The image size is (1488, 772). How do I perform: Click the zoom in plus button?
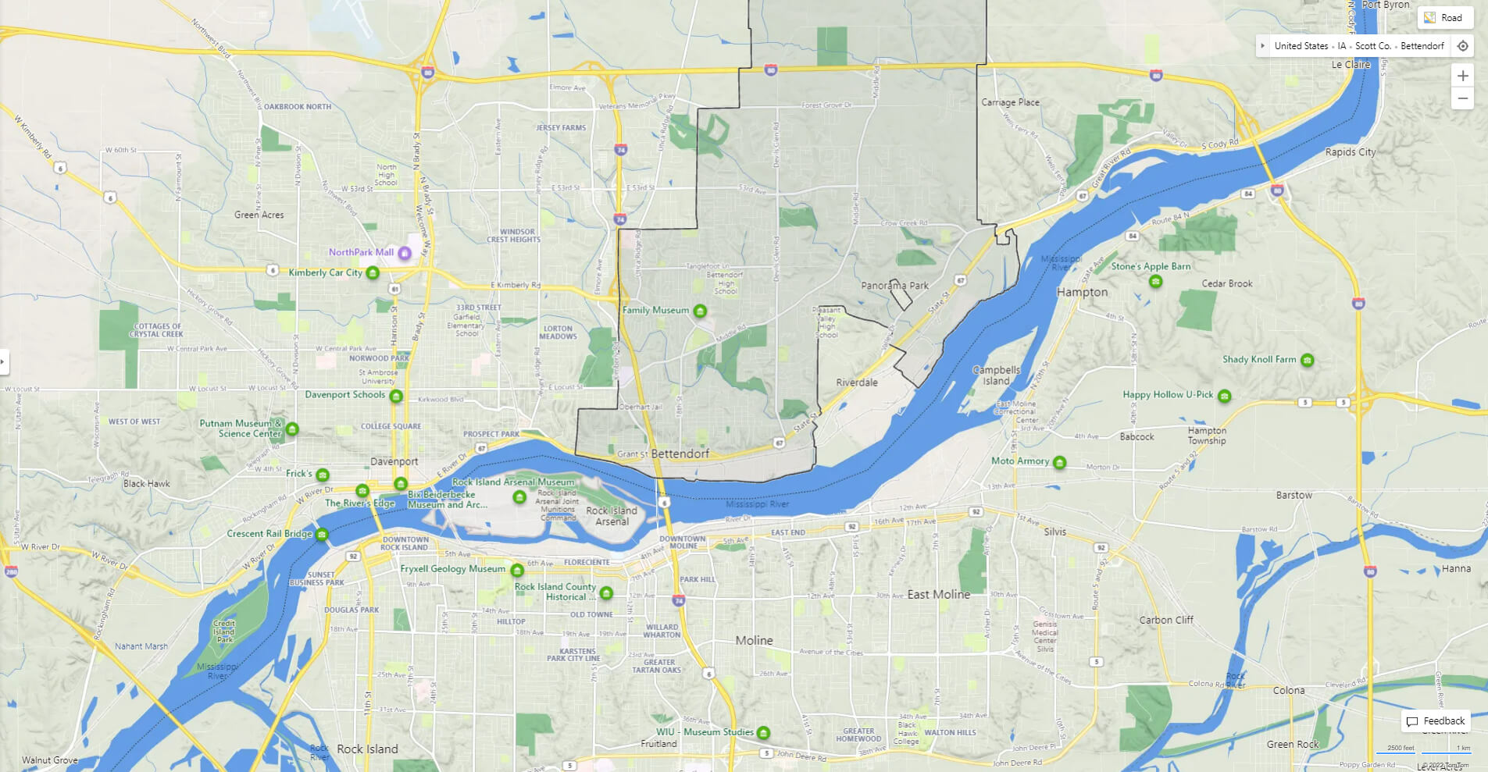(x=1462, y=76)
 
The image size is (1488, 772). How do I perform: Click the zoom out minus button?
(x=1462, y=98)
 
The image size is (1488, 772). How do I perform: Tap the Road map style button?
(x=1444, y=18)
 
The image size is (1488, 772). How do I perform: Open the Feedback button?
(x=1436, y=721)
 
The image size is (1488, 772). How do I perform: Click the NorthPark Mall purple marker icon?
(x=405, y=253)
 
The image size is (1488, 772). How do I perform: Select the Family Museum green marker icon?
(x=700, y=311)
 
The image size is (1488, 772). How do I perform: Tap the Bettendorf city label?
(x=680, y=454)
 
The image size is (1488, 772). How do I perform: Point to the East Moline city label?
(x=938, y=594)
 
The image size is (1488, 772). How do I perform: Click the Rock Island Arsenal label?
(x=612, y=516)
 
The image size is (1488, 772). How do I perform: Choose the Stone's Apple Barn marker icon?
(x=1155, y=281)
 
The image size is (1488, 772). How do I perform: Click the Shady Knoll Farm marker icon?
(x=1307, y=360)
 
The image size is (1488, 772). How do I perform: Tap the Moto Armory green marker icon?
(x=1059, y=462)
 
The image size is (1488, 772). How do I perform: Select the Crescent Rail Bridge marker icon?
(x=321, y=535)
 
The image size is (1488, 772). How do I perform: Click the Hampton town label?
(x=1082, y=292)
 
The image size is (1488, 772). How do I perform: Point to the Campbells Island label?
(x=996, y=375)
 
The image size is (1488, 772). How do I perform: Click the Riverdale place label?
(x=857, y=382)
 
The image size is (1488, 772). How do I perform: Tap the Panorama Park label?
(x=894, y=286)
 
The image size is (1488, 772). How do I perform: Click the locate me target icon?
(x=1462, y=46)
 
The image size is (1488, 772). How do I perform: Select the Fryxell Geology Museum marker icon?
(x=516, y=570)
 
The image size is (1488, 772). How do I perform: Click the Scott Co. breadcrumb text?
(x=1372, y=46)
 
